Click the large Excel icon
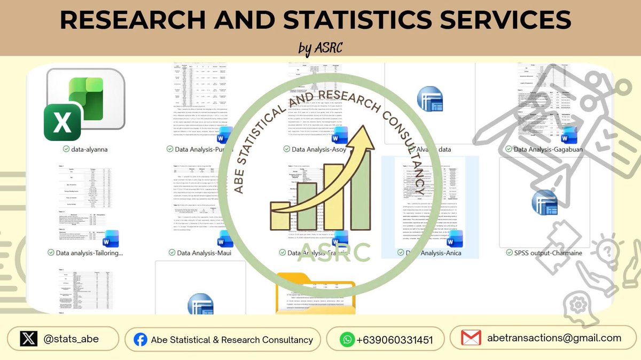84,104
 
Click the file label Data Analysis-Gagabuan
548,150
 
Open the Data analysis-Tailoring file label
89,253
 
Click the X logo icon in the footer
28,339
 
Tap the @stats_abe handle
71,339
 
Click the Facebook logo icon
140,340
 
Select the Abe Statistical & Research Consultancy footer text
232,340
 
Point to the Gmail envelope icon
471,338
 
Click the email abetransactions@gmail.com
554,338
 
